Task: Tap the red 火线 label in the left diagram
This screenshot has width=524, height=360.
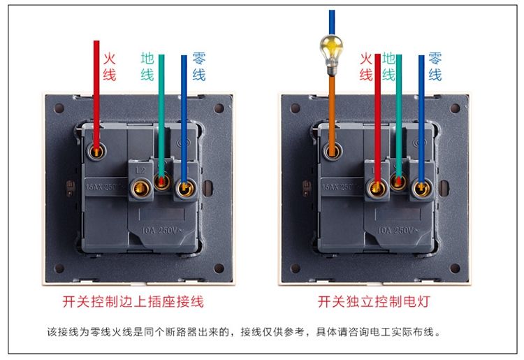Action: click(x=109, y=66)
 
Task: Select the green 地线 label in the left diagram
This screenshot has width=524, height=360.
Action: click(x=147, y=66)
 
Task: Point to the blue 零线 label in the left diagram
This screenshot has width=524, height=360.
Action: click(x=198, y=66)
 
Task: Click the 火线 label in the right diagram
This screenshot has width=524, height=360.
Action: click(x=366, y=66)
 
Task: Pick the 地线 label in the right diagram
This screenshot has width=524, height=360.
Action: click(x=389, y=66)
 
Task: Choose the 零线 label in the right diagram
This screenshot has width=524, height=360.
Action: click(x=435, y=66)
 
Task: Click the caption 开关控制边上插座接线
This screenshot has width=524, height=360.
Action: click(x=133, y=302)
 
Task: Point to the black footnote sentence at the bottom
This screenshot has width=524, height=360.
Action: click(x=244, y=332)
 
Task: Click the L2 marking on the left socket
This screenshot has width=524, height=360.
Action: click(x=140, y=169)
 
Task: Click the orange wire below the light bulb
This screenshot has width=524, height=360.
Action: click(x=332, y=105)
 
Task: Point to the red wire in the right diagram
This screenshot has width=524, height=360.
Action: click(x=377, y=119)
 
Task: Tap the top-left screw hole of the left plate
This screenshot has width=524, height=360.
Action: click(x=59, y=109)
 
